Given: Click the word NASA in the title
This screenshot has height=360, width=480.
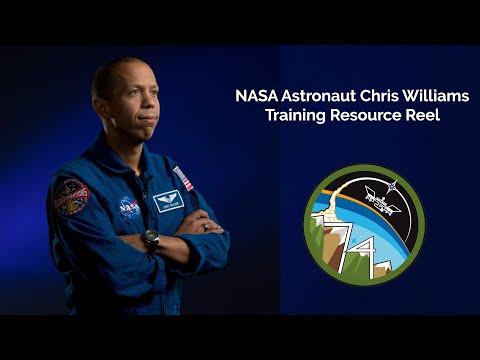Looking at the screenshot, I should coord(257,97).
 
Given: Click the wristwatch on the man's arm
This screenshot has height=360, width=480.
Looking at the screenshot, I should coord(151,238).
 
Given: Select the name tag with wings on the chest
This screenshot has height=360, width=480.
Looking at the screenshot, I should coord(168,200).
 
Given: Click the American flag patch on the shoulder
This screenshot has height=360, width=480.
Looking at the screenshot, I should coord(183,178).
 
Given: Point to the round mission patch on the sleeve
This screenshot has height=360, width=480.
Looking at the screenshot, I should coord(70,197).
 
